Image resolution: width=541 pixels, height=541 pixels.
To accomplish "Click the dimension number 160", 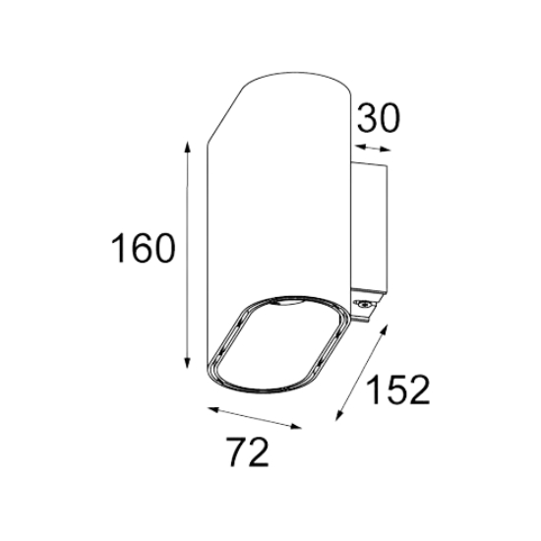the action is pos(143,248).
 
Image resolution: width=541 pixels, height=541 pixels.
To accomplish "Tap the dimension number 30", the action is pos(378,118).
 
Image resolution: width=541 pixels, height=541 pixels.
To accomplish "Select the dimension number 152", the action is pos(397,390).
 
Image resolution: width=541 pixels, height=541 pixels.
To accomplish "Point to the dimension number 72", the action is pos(247,452).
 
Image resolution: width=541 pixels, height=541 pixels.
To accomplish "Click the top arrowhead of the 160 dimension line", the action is pos(187,148).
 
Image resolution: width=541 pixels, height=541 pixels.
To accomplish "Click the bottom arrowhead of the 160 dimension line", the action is pos(187,362).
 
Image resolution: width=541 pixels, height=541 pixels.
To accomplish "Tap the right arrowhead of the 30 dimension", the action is pos(386,150).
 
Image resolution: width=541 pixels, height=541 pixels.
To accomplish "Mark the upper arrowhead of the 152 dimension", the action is pos(384,330).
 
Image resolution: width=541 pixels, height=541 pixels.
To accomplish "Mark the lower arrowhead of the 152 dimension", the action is pos(339,415).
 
